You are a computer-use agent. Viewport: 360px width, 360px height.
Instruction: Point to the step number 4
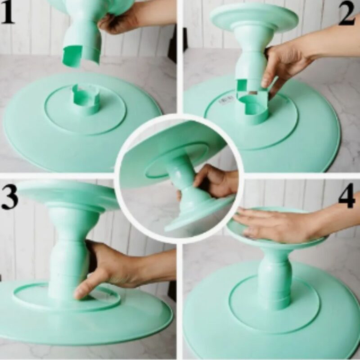(347, 196)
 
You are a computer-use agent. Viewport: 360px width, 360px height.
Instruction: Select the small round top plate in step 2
(254, 17)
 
